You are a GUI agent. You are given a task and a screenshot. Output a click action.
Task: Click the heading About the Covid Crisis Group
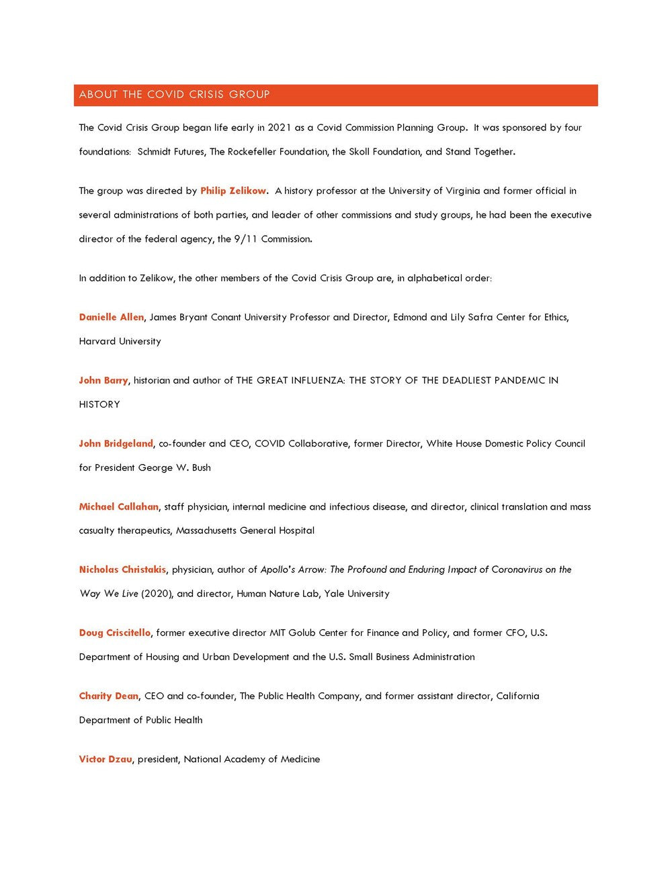tap(174, 95)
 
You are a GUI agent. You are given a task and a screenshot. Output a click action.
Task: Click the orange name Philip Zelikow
tap(233, 191)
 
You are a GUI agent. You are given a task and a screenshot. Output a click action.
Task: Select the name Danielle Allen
tap(111, 317)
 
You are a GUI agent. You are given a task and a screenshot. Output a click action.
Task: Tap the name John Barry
tap(103, 380)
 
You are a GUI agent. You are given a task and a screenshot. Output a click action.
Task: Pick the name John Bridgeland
tap(116, 443)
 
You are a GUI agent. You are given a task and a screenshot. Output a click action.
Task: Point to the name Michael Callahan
tap(118, 506)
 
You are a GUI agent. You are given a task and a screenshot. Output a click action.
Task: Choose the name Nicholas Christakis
tap(122, 569)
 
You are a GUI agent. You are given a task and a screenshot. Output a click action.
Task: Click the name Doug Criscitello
tap(114, 633)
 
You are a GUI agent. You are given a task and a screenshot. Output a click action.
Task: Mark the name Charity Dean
tap(108, 696)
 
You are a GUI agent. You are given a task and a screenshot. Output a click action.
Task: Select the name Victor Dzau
tap(105, 759)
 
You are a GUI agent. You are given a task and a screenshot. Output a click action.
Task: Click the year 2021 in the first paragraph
tap(280, 128)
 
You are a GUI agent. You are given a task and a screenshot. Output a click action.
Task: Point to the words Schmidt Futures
tap(171, 152)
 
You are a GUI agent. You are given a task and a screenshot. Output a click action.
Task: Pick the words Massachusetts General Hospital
tap(245, 531)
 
